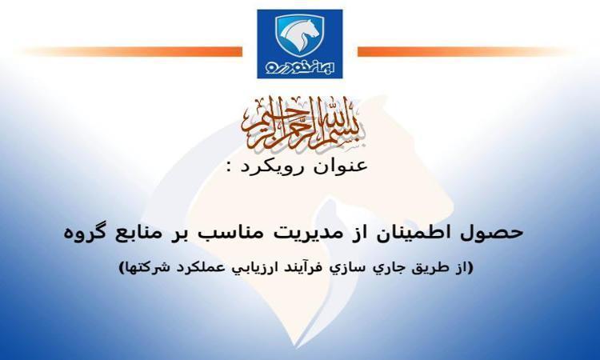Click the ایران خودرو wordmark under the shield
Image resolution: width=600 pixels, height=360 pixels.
tap(300, 68)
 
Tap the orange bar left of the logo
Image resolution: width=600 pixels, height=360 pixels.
tap(133, 52)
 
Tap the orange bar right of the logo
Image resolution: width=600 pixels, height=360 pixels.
tap(463, 52)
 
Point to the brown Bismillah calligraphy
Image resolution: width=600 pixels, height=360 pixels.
tap(304, 123)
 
